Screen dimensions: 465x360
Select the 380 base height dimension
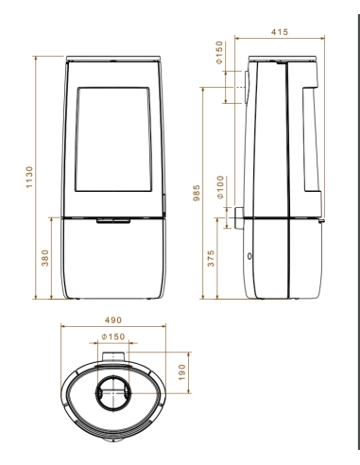tap(45, 260)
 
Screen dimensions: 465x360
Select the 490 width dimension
tap(115, 321)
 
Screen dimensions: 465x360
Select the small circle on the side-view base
tap(249, 256)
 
